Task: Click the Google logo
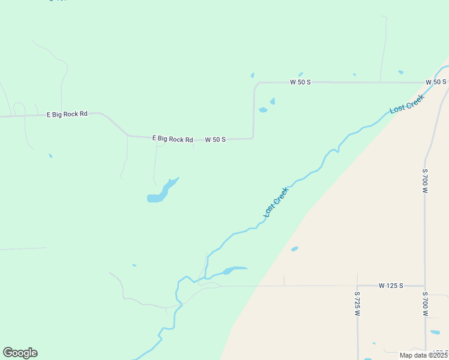[x=20, y=353]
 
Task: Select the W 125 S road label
[x=391, y=286]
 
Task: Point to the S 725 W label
[x=357, y=304]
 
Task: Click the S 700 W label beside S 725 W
[x=424, y=304]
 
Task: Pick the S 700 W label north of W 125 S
[x=424, y=181]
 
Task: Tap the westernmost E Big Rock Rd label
[x=67, y=113]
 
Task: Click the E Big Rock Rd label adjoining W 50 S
[x=172, y=139]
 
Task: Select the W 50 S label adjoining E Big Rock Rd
[x=215, y=140]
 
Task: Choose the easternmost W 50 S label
[x=436, y=82]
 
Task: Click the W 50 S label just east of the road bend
[x=300, y=82]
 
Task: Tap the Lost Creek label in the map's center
[x=276, y=202]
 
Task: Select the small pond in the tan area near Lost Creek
[x=294, y=248]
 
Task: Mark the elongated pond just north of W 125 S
[x=234, y=269]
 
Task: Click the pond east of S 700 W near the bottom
[x=435, y=332]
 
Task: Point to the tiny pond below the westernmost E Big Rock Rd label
[x=50, y=155]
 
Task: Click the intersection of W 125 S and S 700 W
[x=424, y=286]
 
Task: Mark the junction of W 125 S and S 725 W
[x=357, y=286]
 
